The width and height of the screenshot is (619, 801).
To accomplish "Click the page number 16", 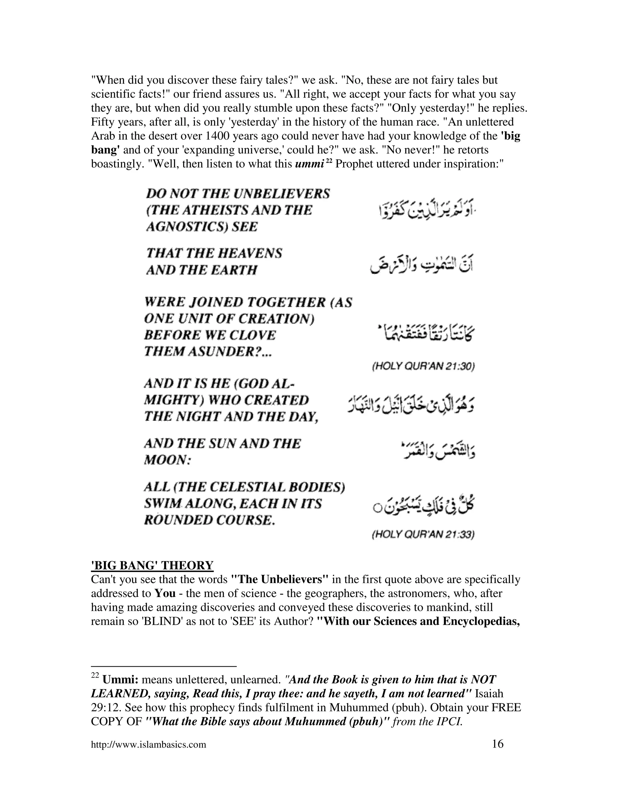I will pyautogui.click(x=497, y=744).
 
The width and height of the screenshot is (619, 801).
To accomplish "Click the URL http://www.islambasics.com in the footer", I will pyautogui.click(x=148, y=745).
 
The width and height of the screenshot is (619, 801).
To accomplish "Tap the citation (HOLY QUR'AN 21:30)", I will pyautogui.click(x=423, y=366).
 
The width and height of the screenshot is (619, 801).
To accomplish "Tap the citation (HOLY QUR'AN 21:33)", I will pyautogui.click(x=423, y=535).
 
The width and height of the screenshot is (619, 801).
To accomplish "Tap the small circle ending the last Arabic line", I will pyautogui.click(x=377, y=509).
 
